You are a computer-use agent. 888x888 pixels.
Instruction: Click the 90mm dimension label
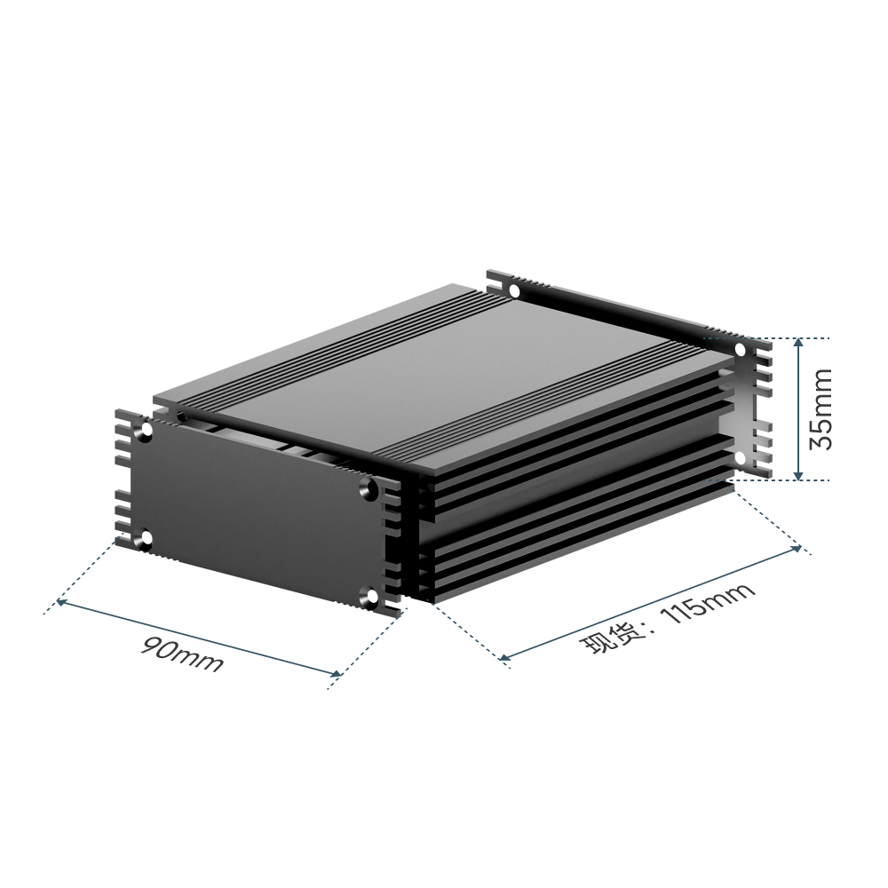182,654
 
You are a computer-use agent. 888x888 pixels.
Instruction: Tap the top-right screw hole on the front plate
370,487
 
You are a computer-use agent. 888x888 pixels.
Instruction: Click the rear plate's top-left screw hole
515,291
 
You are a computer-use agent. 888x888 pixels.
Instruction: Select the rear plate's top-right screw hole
741,349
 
